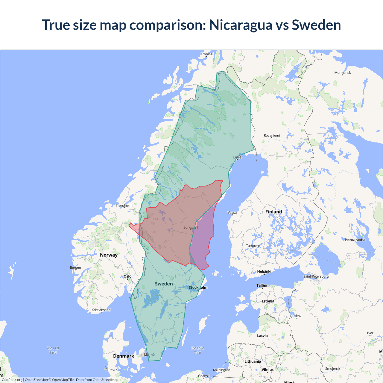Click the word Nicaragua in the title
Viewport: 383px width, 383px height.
[x=241, y=25]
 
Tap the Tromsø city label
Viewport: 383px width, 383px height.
[x=206, y=54]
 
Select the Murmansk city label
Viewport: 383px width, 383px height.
[x=342, y=73]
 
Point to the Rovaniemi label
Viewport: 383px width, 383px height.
[x=272, y=136]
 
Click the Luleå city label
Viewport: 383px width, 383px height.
[x=237, y=157]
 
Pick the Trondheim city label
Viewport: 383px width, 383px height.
[x=124, y=206]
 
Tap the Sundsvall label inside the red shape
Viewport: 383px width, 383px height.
[x=191, y=227]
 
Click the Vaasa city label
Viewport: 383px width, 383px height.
[x=232, y=213]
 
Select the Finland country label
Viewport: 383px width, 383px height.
[x=273, y=212]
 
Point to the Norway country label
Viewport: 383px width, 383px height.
[x=109, y=255]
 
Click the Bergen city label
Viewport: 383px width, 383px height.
[x=75, y=268]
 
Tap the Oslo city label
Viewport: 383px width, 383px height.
[x=127, y=276]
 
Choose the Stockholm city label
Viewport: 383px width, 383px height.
[x=198, y=288]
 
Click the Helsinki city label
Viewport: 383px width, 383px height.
[x=264, y=271]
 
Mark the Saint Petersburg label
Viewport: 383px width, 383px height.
[x=316, y=276]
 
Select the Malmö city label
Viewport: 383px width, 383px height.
[x=149, y=355]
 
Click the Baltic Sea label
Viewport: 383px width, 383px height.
[x=197, y=350]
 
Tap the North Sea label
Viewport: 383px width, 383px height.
[x=53, y=350]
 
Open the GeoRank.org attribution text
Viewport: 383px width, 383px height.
[x=12, y=380]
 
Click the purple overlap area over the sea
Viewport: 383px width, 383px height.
[x=202, y=242]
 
